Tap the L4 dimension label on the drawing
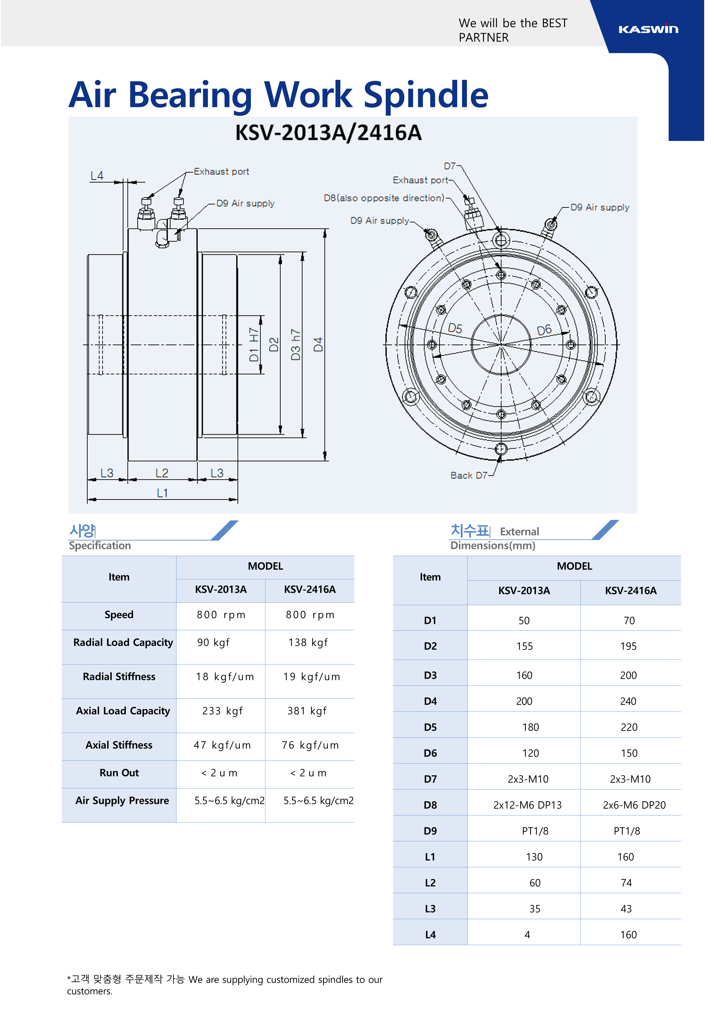97,176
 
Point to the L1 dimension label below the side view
162,493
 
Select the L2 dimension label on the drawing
162,473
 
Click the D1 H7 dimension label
254,344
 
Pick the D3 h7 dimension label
296,344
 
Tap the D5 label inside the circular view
455,329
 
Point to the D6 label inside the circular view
544,330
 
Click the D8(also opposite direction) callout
384,198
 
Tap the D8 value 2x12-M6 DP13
527,805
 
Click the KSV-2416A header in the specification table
310,590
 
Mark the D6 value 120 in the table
530,753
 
